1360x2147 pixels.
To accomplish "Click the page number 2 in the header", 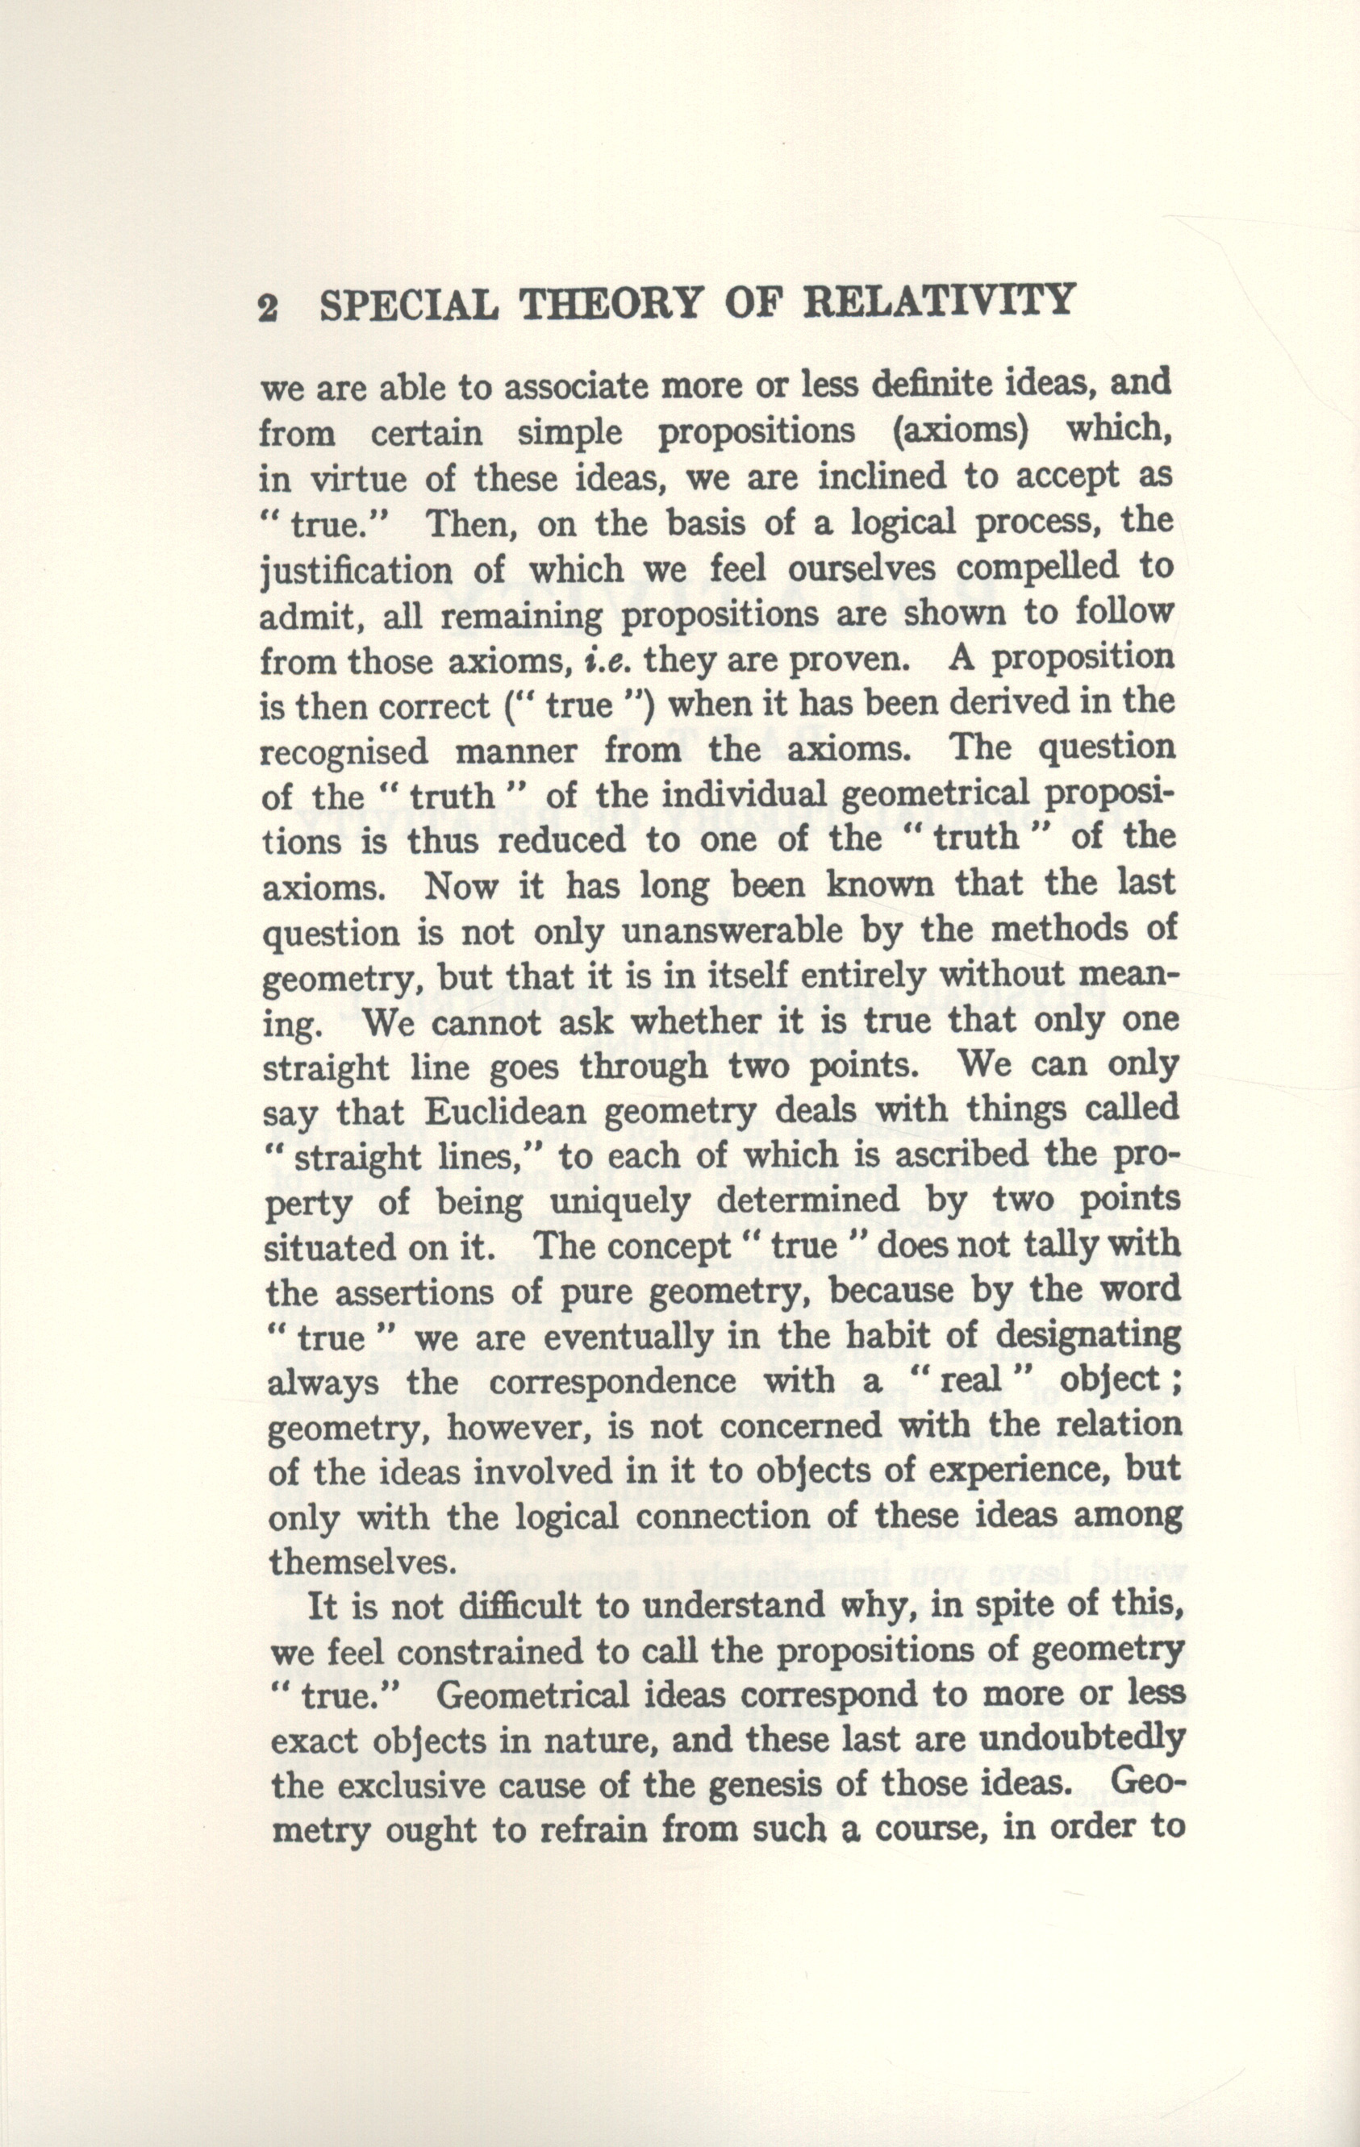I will [x=269, y=308].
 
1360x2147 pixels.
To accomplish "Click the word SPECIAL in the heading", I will [x=408, y=305].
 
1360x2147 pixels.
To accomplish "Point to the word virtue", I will [x=357, y=479].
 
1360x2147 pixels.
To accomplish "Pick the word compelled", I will [x=1020, y=568].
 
